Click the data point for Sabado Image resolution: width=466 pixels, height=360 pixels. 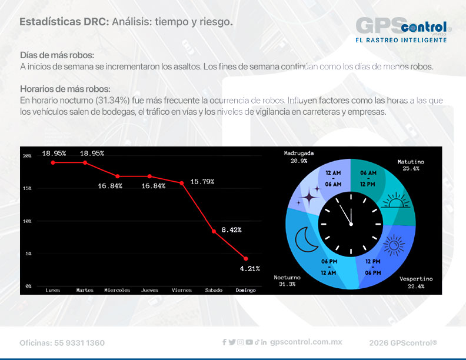(214, 232)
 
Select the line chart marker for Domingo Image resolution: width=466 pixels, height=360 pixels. (246, 259)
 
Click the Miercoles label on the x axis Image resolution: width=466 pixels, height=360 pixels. (117, 290)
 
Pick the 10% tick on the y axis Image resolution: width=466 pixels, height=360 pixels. (27, 221)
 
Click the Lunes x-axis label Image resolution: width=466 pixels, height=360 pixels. (53, 290)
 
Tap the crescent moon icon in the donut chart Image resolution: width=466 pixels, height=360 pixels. (307, 239)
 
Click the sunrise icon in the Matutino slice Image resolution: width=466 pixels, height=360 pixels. (394, 203)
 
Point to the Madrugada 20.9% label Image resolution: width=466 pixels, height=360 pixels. (299, 156)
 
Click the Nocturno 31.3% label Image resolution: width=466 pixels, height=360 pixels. (287, 281)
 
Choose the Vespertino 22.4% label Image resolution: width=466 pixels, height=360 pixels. (416, 282)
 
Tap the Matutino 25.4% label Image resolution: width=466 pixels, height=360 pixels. (411, 165)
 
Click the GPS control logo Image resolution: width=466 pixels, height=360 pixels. (403, 29)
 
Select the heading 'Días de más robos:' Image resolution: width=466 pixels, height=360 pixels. (57, 55)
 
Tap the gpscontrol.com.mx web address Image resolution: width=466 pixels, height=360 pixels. (306, 342)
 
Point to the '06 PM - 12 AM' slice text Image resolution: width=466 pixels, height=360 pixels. (329, 267)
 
